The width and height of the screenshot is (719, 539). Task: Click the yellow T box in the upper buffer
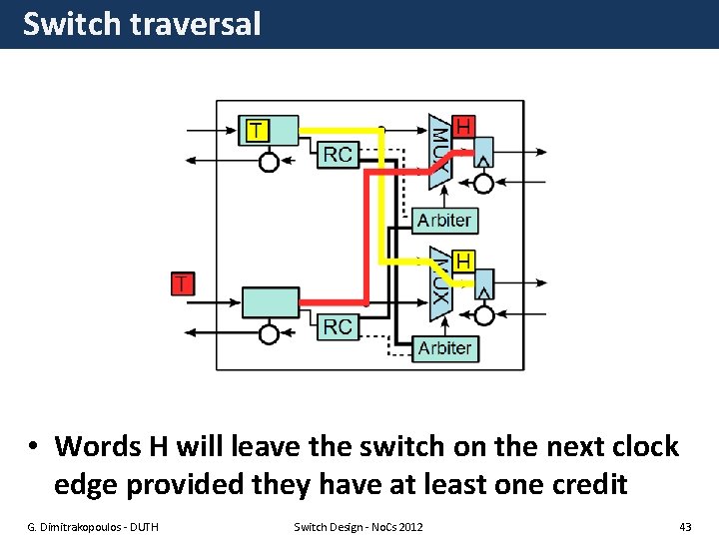[257, 130]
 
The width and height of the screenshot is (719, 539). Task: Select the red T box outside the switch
[182, 282]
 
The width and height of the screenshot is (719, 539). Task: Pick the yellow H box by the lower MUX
[463, 261]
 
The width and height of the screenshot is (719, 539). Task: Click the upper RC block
[339, 154]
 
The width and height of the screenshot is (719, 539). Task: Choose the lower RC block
[339, 325]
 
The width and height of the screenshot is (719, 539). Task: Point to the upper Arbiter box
[443, 220]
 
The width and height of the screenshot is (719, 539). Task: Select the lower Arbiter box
[443, 347]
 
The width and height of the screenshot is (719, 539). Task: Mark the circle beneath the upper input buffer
[268, 162]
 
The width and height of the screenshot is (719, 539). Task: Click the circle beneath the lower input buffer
[268, 333]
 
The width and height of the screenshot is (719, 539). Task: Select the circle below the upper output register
[483, 184]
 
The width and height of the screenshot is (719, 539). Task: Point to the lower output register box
[483, 288]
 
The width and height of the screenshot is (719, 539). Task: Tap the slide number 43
[684, 526]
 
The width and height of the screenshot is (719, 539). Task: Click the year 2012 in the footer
[409, 526]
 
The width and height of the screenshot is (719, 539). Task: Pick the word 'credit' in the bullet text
[585, 484]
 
